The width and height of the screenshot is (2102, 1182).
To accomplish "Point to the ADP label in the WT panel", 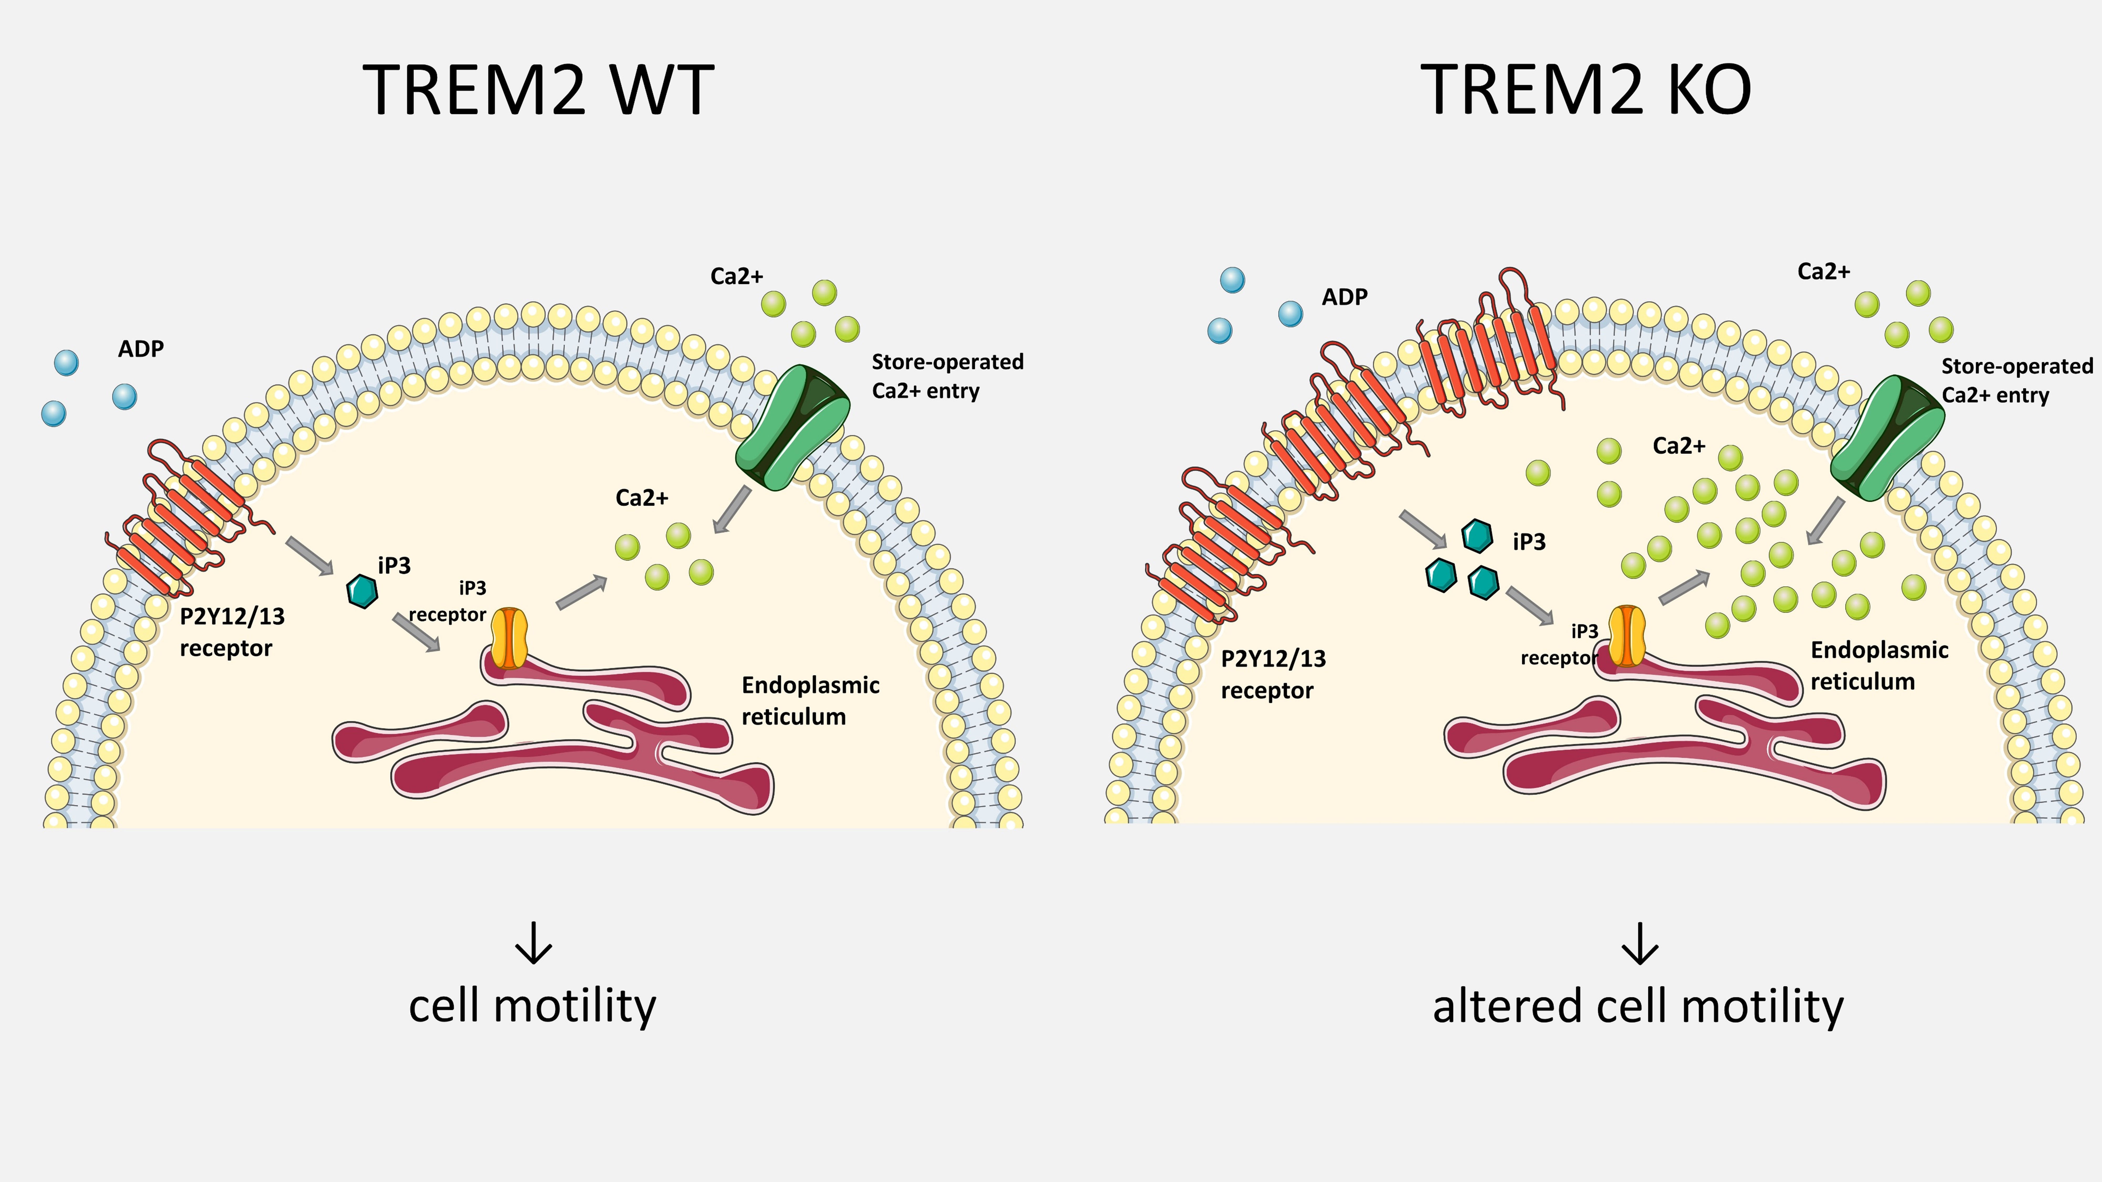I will point(140,349).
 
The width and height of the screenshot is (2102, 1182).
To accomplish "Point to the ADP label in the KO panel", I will point(1344,297).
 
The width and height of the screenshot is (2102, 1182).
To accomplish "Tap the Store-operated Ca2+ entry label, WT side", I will point(946,376).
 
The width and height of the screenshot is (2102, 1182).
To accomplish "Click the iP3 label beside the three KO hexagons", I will point(1528,542).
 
